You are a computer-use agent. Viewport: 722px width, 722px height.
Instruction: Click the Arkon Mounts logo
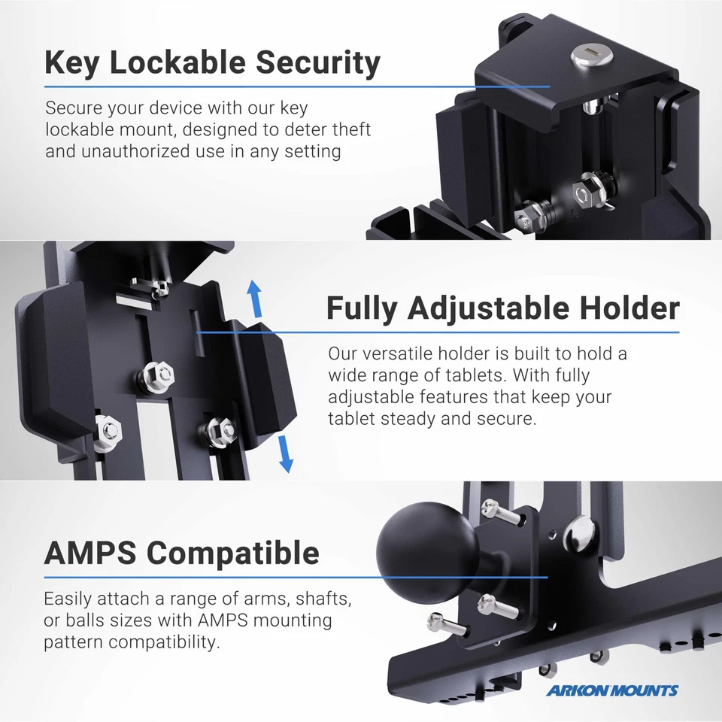coord(611,690)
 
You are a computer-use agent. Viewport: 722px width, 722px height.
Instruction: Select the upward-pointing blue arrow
coord(255,299)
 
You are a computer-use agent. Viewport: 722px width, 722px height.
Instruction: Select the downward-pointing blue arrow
coord(284,454)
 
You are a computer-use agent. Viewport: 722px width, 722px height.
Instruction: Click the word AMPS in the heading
coord(91,553)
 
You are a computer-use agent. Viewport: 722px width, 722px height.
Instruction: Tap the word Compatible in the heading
coord(233,553)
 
